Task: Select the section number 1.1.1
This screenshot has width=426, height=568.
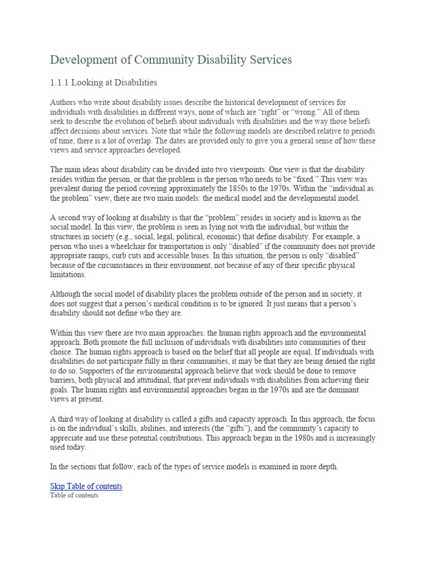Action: [60, 83]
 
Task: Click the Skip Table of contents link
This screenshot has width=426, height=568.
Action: [86, 486]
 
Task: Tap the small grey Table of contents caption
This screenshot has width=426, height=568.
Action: [74, 495]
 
